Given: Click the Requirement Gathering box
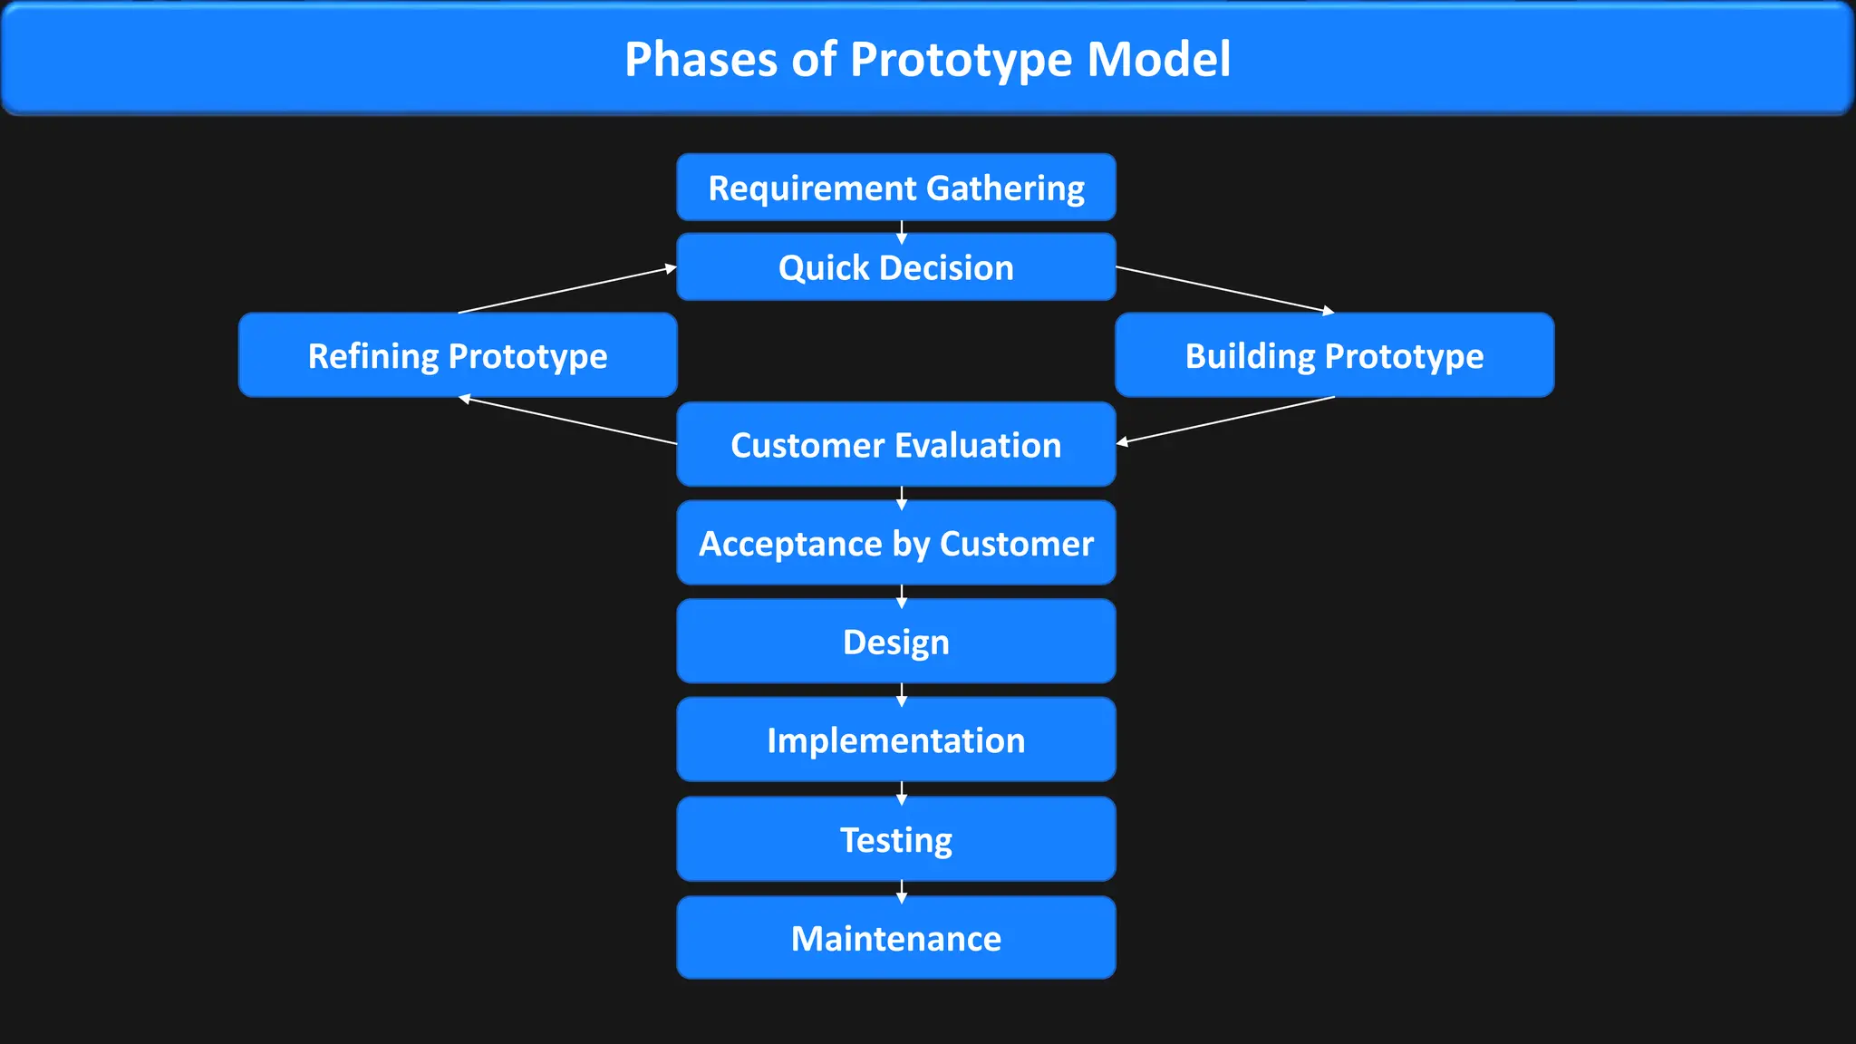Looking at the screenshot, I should (895, 188).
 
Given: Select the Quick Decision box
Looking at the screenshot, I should (895, 267).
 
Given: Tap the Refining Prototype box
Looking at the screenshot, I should (458, 355).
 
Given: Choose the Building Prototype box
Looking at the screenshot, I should (1334, 355).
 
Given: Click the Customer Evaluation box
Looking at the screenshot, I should (895, 445).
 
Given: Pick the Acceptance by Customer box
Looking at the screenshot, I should (895, 543).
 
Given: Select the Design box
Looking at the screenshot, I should (895, 642).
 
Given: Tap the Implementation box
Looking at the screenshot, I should (895, 740).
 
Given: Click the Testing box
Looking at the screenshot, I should (895, 839).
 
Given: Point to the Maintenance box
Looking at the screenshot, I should (895, 938).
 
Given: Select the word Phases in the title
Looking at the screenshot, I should (701, 60).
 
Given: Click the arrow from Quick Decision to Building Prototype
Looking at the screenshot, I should (1224, 290).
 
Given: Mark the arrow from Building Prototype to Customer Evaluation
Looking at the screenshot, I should (1225, 420).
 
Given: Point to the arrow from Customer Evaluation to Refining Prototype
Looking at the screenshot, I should (568, 421).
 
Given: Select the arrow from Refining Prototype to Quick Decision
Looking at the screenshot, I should (567, 290).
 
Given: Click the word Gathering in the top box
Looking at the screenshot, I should (1005, 188).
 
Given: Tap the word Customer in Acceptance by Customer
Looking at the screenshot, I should (1016, 544).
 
